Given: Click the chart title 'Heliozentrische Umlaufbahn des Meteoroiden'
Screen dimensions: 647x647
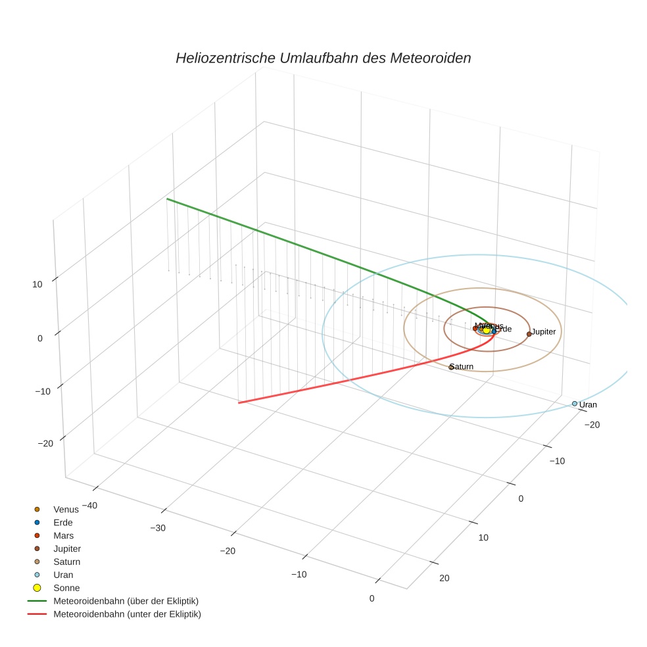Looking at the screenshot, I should point(323,58).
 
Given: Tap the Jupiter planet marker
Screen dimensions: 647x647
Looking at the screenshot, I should point(529,334).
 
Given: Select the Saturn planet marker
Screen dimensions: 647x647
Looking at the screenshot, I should point(451,367).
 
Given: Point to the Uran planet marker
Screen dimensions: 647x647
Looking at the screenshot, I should point(574,404).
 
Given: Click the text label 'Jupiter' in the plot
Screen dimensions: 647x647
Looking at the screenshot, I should point(544,332).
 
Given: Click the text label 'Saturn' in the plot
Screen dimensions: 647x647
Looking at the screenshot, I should point(462,367).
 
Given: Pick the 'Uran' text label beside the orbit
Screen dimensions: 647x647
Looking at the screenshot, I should point(588,405).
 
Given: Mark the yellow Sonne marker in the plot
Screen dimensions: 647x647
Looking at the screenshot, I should point(487,329).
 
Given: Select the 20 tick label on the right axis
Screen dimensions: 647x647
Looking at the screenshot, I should point(444,578).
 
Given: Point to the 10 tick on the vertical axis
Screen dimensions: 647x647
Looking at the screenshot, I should point(37,285).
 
